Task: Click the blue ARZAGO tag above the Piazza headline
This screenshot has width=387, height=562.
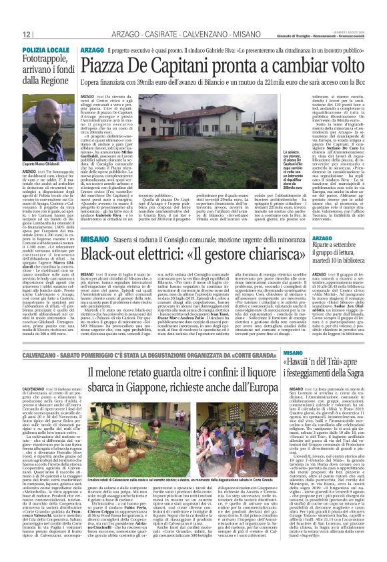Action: pos(92,50)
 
